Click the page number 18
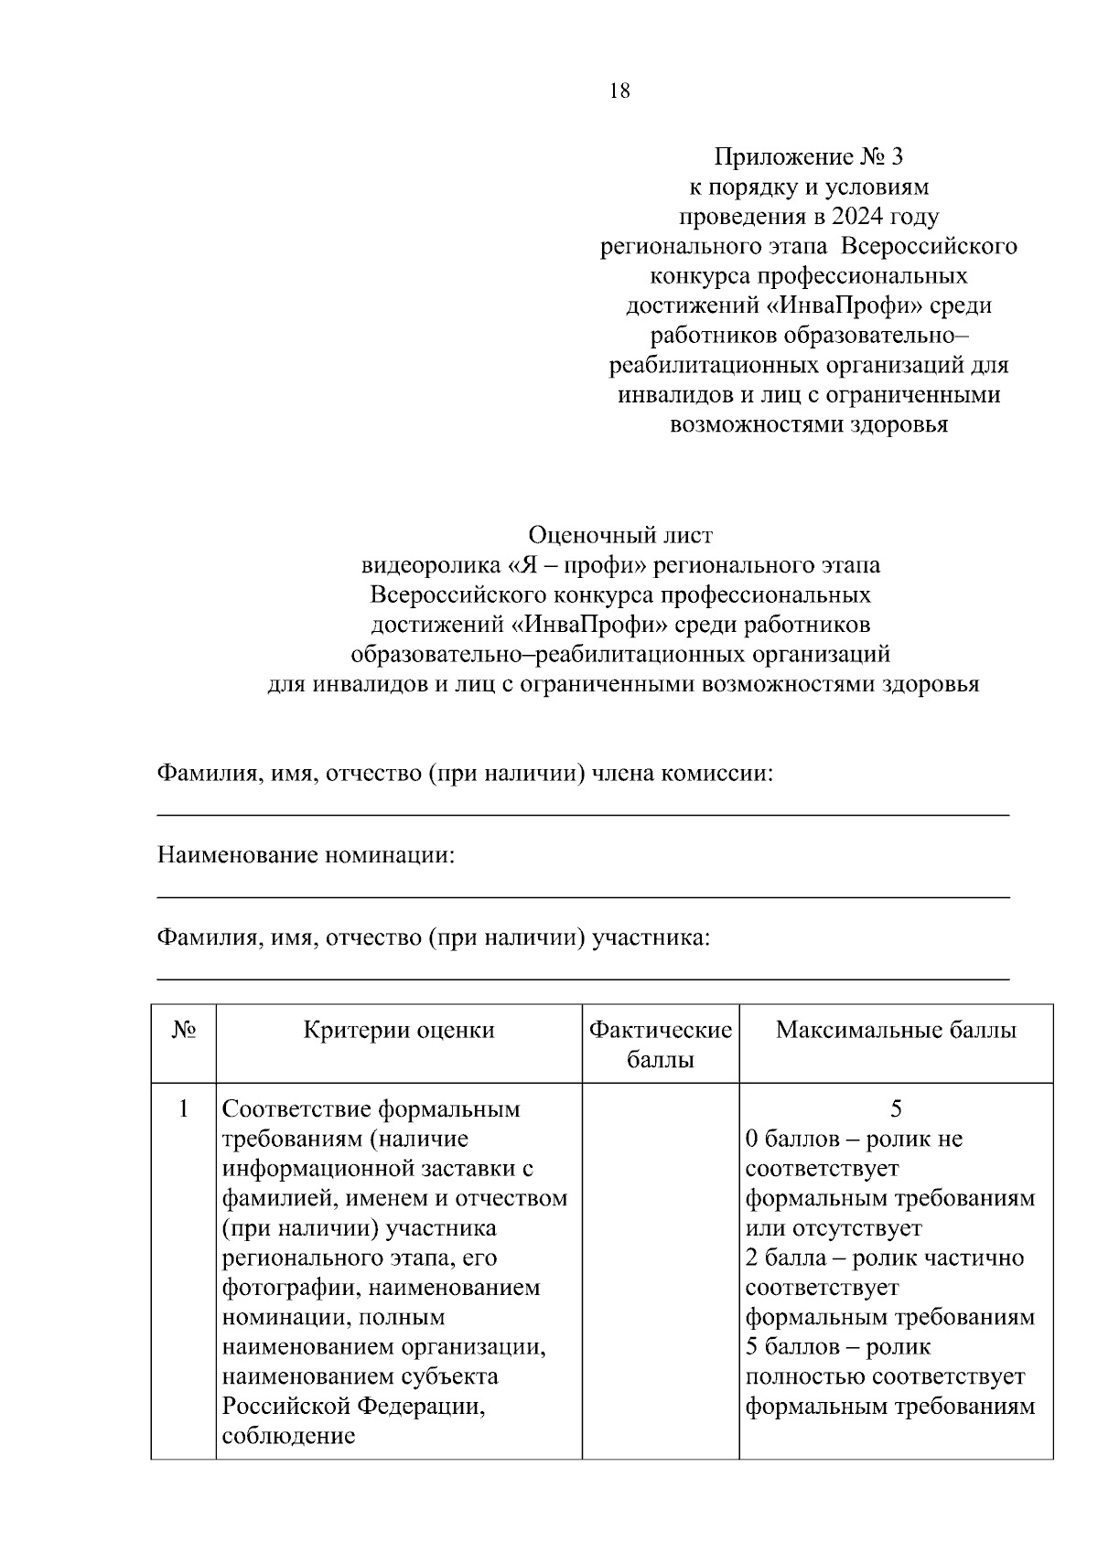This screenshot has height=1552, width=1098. (619, 91)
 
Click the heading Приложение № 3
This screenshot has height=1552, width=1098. (808, 157)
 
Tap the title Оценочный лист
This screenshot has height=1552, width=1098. (620, 535)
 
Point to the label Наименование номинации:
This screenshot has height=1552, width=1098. (306, 856)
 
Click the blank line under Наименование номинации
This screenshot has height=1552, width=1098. (584, 897)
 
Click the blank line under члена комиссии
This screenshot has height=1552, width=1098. (584, 815)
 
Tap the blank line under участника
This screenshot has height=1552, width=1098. (584, 979)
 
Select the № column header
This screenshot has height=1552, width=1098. (183, 1031)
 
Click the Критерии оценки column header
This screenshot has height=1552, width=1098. (399, 1031)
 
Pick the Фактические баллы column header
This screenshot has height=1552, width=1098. (661, 1044)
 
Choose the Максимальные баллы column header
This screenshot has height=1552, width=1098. (896, 1031)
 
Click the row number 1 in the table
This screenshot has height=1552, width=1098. (183, 1109)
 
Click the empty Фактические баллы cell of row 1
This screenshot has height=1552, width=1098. (661, 1271)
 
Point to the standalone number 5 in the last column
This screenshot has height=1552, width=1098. (896, 1109)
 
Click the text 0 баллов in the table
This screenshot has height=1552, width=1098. (789, 1140)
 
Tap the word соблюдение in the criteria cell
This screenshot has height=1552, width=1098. (288, 1436)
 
